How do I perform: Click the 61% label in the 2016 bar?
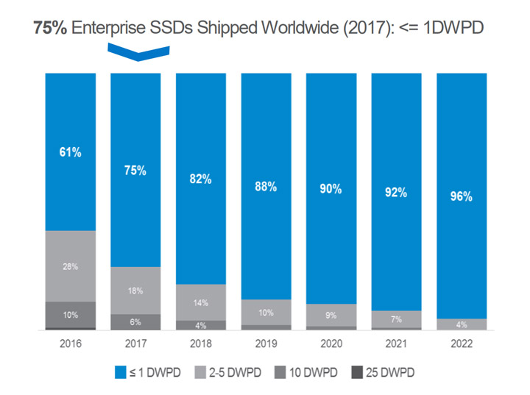71,153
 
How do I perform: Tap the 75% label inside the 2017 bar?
135,171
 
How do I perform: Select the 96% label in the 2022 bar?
462,197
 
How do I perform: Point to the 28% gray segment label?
71,266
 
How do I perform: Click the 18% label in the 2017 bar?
135,291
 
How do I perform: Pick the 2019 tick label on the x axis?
266,344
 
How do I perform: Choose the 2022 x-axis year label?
462,344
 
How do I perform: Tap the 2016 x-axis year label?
71,344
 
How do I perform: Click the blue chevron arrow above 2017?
138,51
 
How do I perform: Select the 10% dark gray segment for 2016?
71,315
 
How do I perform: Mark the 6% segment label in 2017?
135,322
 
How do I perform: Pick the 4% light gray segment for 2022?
462,324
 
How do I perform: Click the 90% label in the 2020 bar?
331,189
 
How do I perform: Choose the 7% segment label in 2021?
396,320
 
